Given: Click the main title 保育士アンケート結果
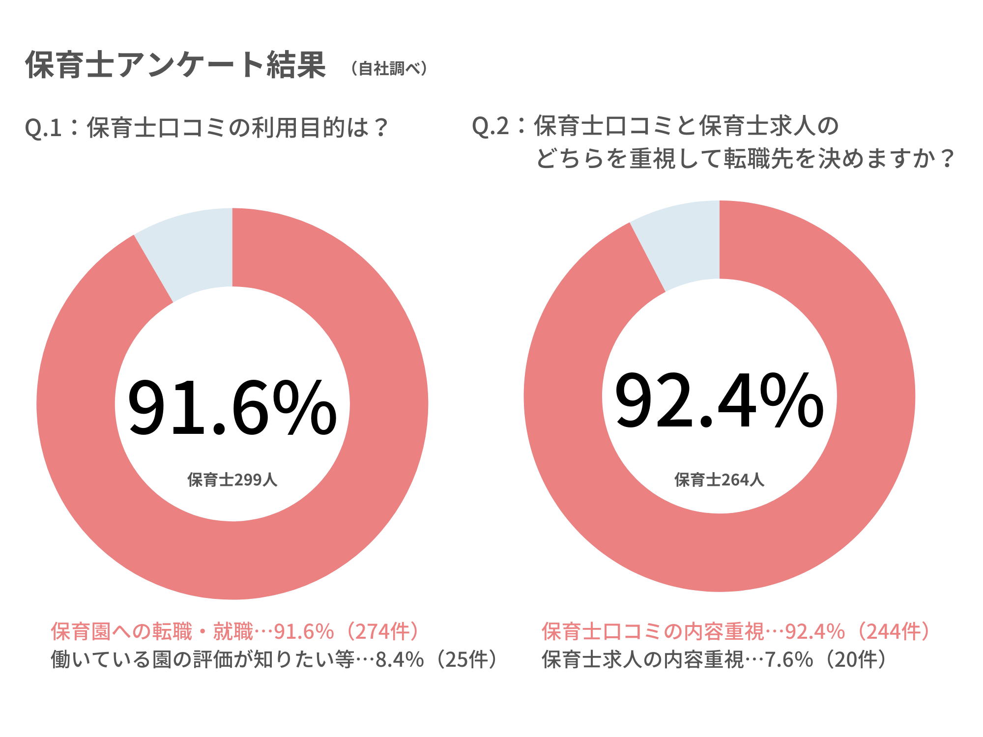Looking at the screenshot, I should pos(175,65).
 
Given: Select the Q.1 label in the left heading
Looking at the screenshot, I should pos(43,128).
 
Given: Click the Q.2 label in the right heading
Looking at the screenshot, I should pos(490,126).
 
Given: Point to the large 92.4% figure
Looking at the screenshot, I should pos(719,400).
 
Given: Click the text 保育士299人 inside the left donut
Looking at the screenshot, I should pos(232,480).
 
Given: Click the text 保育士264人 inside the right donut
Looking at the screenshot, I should pos(719,480).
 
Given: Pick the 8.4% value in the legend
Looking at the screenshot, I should pos(400,659).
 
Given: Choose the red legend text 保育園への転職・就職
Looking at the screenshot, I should pos(152,631).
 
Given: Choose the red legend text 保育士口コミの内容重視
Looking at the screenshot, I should pos(653,631).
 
